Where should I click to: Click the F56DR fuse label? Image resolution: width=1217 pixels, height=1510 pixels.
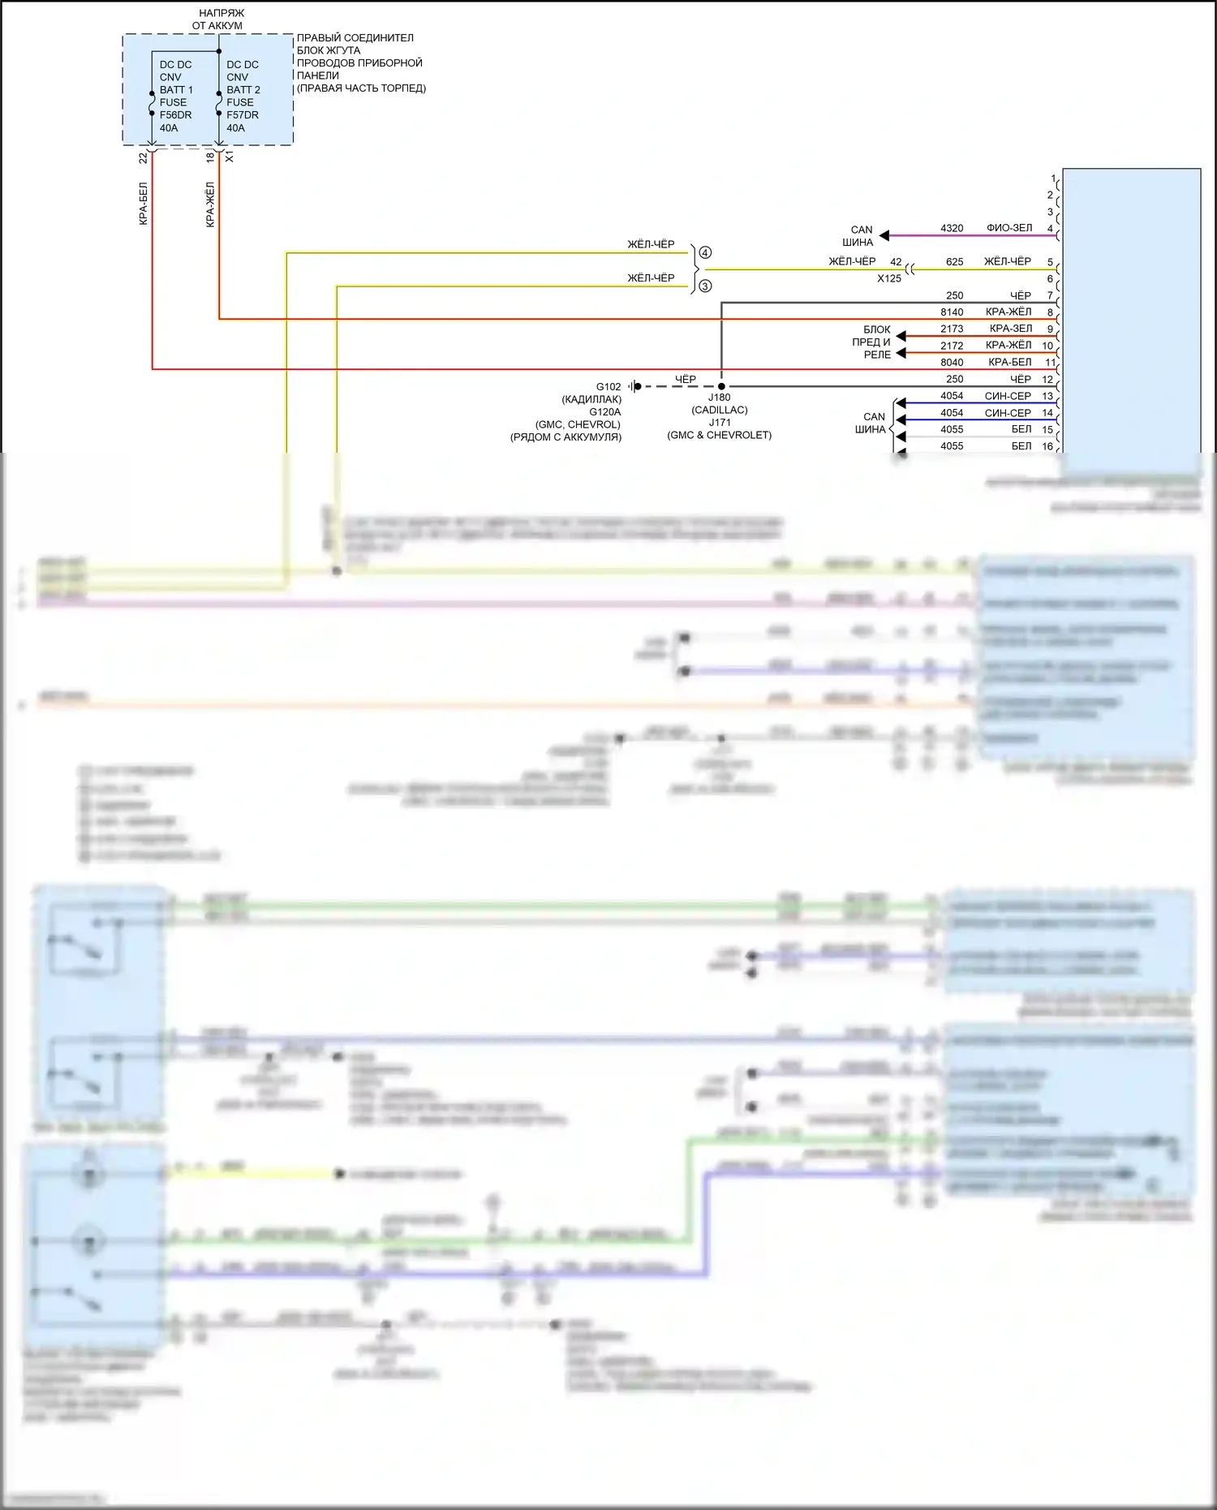[x=175, y=115]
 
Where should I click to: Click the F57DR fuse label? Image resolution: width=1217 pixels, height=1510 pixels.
[x=243, y=115]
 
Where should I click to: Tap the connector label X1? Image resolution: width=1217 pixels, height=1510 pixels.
[x=230, y=157]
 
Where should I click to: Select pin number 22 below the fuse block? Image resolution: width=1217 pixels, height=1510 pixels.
[x=144, y=157]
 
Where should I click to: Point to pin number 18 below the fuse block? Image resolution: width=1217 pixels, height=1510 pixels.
[x=210, y=157]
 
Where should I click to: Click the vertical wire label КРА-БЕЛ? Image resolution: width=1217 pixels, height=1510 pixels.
[x=144, y=204]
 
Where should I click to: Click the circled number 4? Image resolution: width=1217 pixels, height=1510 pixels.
[x=705, y=253]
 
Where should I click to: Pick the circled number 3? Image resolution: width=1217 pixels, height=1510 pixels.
[x=705, y=286]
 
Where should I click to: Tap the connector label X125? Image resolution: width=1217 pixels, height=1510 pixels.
[x=888, y=278]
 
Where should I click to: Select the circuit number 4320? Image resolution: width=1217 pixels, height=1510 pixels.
[x=952, y=228]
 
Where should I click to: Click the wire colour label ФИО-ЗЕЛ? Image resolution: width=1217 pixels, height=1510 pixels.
[x=1009, y=228]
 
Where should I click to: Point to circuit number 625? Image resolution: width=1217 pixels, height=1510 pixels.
[x=954, y=262]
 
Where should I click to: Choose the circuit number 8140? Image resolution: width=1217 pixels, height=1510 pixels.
[x=952, y=312]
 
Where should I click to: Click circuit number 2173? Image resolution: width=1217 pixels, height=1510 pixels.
[x=952, y=329]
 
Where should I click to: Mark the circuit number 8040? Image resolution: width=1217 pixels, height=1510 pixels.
[x=952, y=363]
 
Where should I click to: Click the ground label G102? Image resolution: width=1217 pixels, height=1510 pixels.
[x=608, y=387]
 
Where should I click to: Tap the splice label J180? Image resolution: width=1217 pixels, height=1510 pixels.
[x=719, y=398]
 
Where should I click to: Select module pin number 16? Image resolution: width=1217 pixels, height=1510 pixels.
[x=1047, y=446]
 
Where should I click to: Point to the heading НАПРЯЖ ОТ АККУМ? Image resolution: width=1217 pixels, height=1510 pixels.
[x=218, y=19]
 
